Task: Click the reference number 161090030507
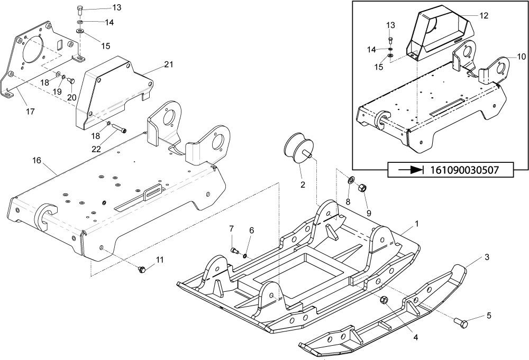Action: point(464,170)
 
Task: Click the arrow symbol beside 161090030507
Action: point(411,170)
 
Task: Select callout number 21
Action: point(169,64)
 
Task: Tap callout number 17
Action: point(30,111)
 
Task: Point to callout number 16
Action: point(37,160)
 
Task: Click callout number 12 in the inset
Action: point(484,15)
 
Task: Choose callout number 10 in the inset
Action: point(521,56)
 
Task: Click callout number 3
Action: point(487,257)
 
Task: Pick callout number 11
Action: point(160,260)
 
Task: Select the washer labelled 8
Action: point(351,180)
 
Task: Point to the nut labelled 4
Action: point(384,300)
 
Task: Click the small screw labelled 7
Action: point(234,250)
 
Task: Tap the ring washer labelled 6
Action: point(245,256)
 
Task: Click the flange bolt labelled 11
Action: point(142,269)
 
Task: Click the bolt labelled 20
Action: point(71,80)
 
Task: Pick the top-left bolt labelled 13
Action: point(80,10)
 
